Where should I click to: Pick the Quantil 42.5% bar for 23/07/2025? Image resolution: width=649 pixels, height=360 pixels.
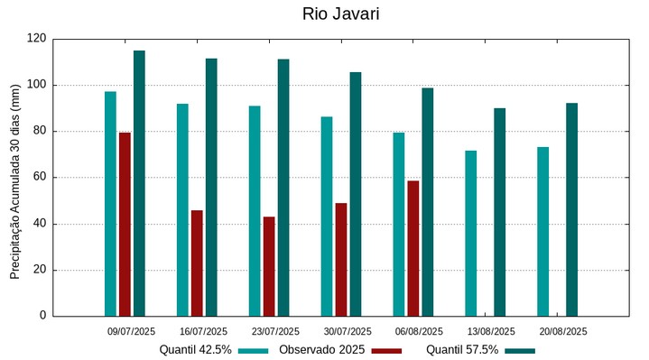pyautogui.click(x=255, y=210)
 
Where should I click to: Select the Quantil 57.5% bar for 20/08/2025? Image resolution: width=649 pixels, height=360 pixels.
pyautogui.click(x=571, y=209)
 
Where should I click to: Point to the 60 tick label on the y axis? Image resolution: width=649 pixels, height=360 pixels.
pyautogui.click(x=39, y=178)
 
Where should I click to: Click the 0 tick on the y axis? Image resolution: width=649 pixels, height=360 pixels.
pyautogui.click(x=42, y=316)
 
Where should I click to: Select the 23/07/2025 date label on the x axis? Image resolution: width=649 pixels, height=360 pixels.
pyautogui.click(x=275, y=331)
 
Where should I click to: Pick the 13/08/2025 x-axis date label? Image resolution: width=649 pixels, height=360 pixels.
pyautogui.click(x=491, y=331)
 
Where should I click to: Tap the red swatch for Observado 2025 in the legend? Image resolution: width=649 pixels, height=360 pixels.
pyautogui.click(x=386, y=350)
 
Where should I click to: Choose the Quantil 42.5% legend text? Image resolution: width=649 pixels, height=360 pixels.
pyautogui.click(x=196, y=350)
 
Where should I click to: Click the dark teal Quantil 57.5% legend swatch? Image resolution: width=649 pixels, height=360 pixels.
pyautogui.click(x=519, y=350)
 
